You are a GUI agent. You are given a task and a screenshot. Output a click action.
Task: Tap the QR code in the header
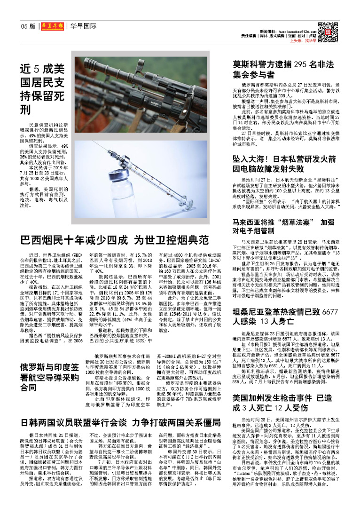coord(332,32)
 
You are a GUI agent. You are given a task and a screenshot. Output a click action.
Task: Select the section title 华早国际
coord(83,27)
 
